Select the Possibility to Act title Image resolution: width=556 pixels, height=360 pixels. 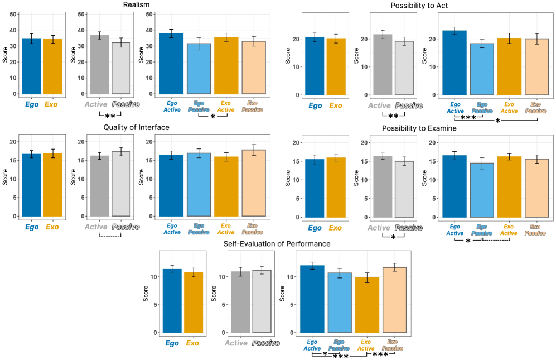[x=418, y=5]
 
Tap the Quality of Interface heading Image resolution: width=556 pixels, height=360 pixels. [x=136, y=127]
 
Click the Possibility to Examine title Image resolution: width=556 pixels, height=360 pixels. [x=419, y=128]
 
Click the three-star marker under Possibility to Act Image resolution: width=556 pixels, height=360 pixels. [x=468, y=118]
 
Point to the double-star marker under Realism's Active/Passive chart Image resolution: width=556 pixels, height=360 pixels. [x=110, y=117]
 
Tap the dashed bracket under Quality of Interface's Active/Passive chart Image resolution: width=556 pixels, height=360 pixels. [x=110, y=236]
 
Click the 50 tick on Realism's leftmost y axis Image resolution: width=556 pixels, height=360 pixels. [x=13, y=15]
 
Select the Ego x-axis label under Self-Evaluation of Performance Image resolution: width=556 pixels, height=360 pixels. [x=172, y=343]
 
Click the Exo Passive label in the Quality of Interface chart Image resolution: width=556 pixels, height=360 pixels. [x=253, y=229]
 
